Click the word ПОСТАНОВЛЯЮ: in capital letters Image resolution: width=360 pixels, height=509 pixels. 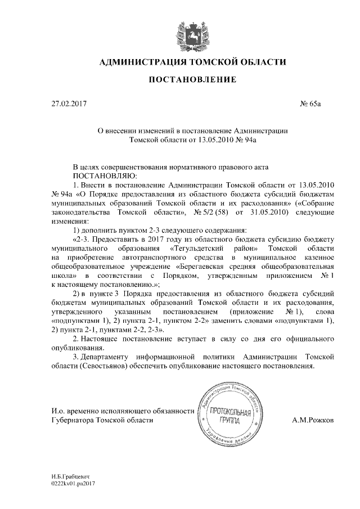tap(78, 175)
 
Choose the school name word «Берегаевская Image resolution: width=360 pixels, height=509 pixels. tap(206, 267)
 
